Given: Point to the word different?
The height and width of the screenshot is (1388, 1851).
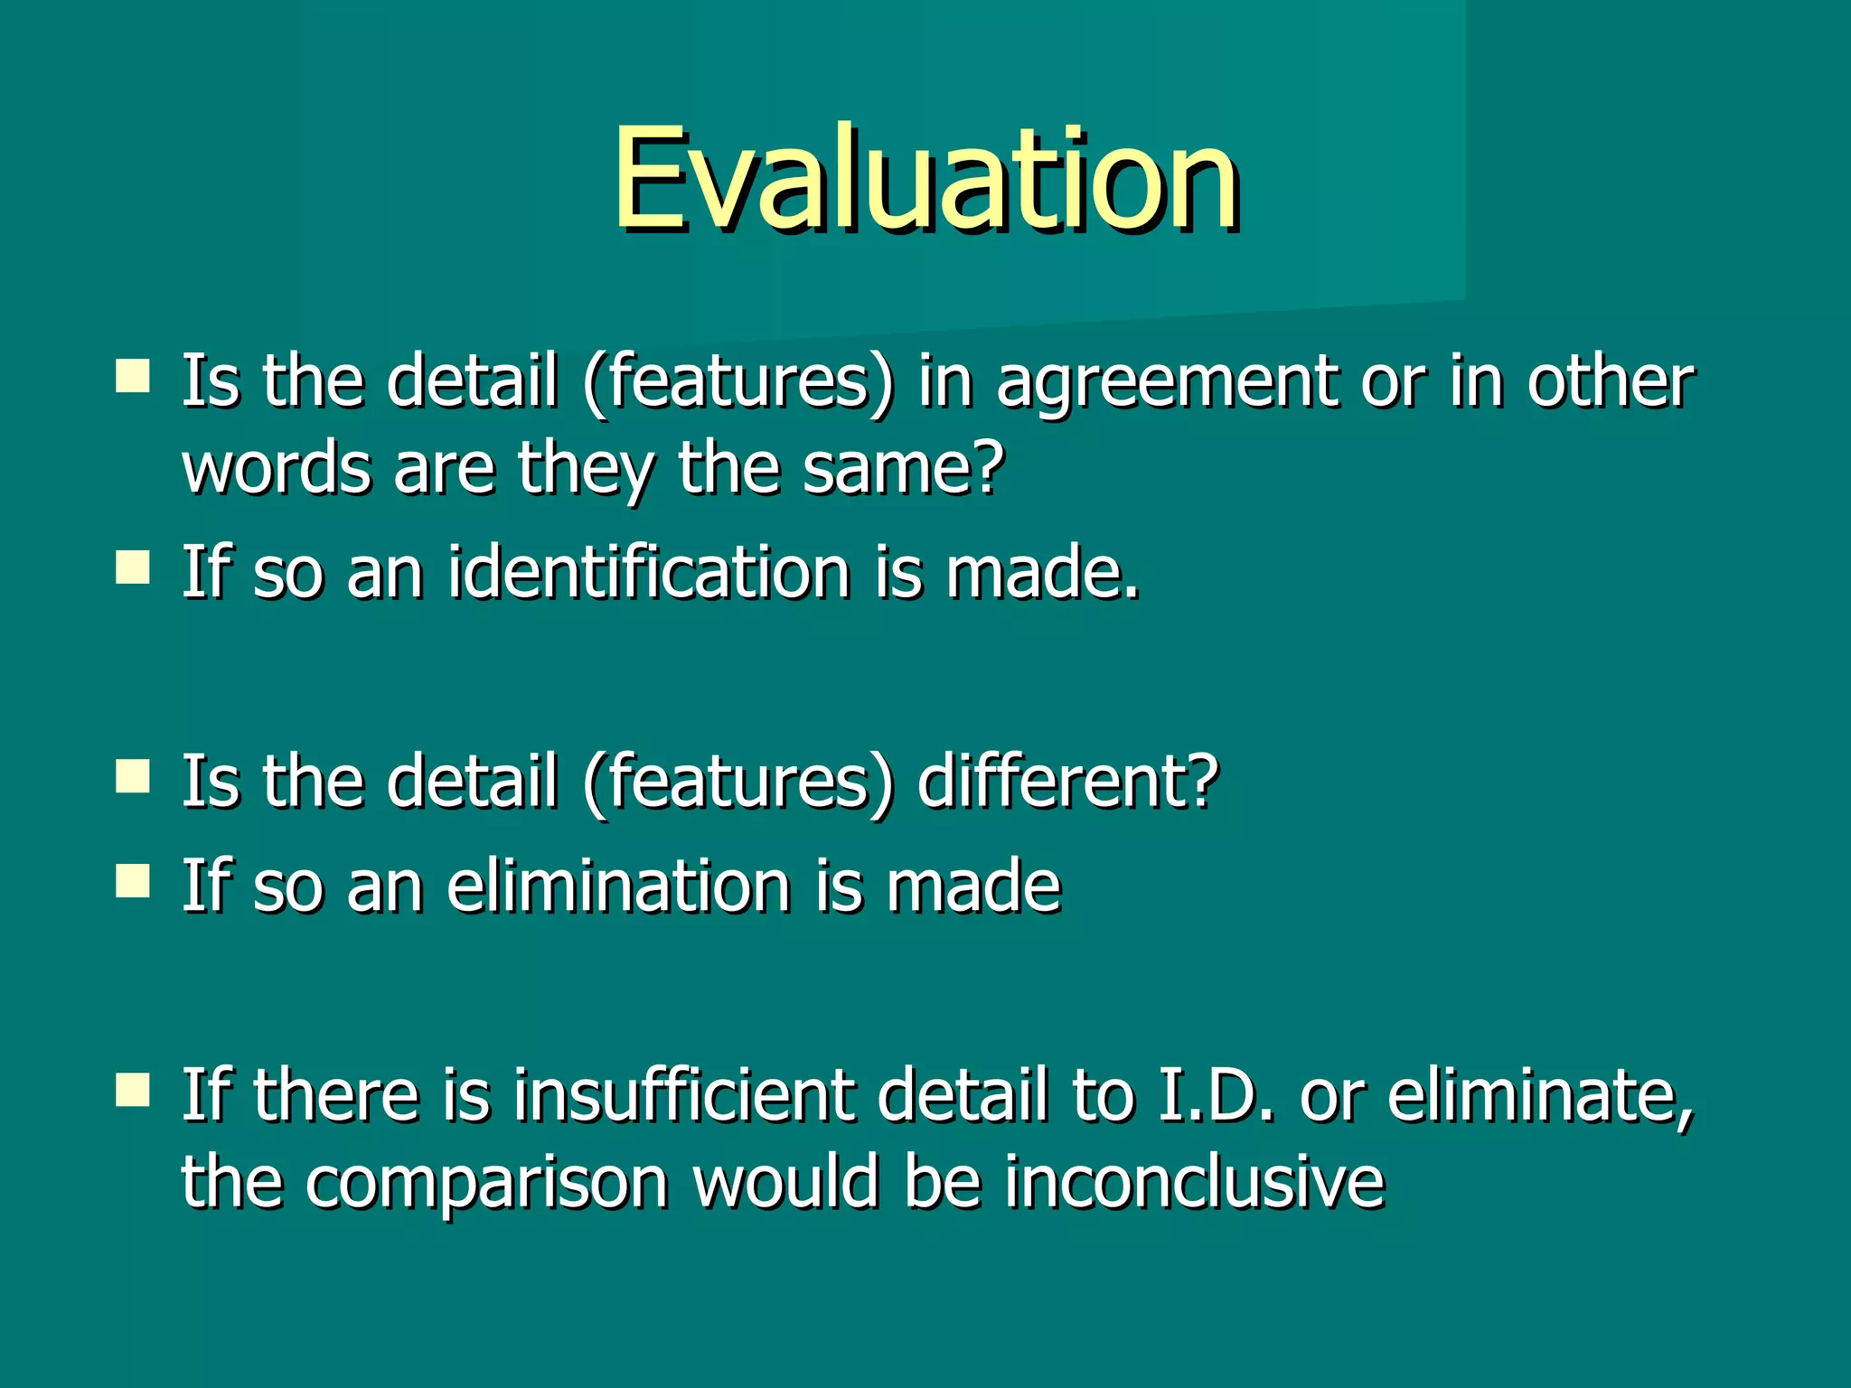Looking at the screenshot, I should [1067, 781].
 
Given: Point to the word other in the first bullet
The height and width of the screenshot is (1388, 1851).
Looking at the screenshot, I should [1610, 382].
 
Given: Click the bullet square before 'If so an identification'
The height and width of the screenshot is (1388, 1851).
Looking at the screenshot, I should [133, 568].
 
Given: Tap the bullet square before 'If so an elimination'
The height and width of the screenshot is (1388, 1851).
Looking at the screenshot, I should [133, 881].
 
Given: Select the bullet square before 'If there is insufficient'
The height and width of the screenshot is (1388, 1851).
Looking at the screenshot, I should [133, 1091].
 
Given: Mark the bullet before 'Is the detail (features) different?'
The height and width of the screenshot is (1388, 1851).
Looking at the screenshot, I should [133, 776].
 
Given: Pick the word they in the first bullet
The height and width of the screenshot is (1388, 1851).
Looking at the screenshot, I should [586, 470].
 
